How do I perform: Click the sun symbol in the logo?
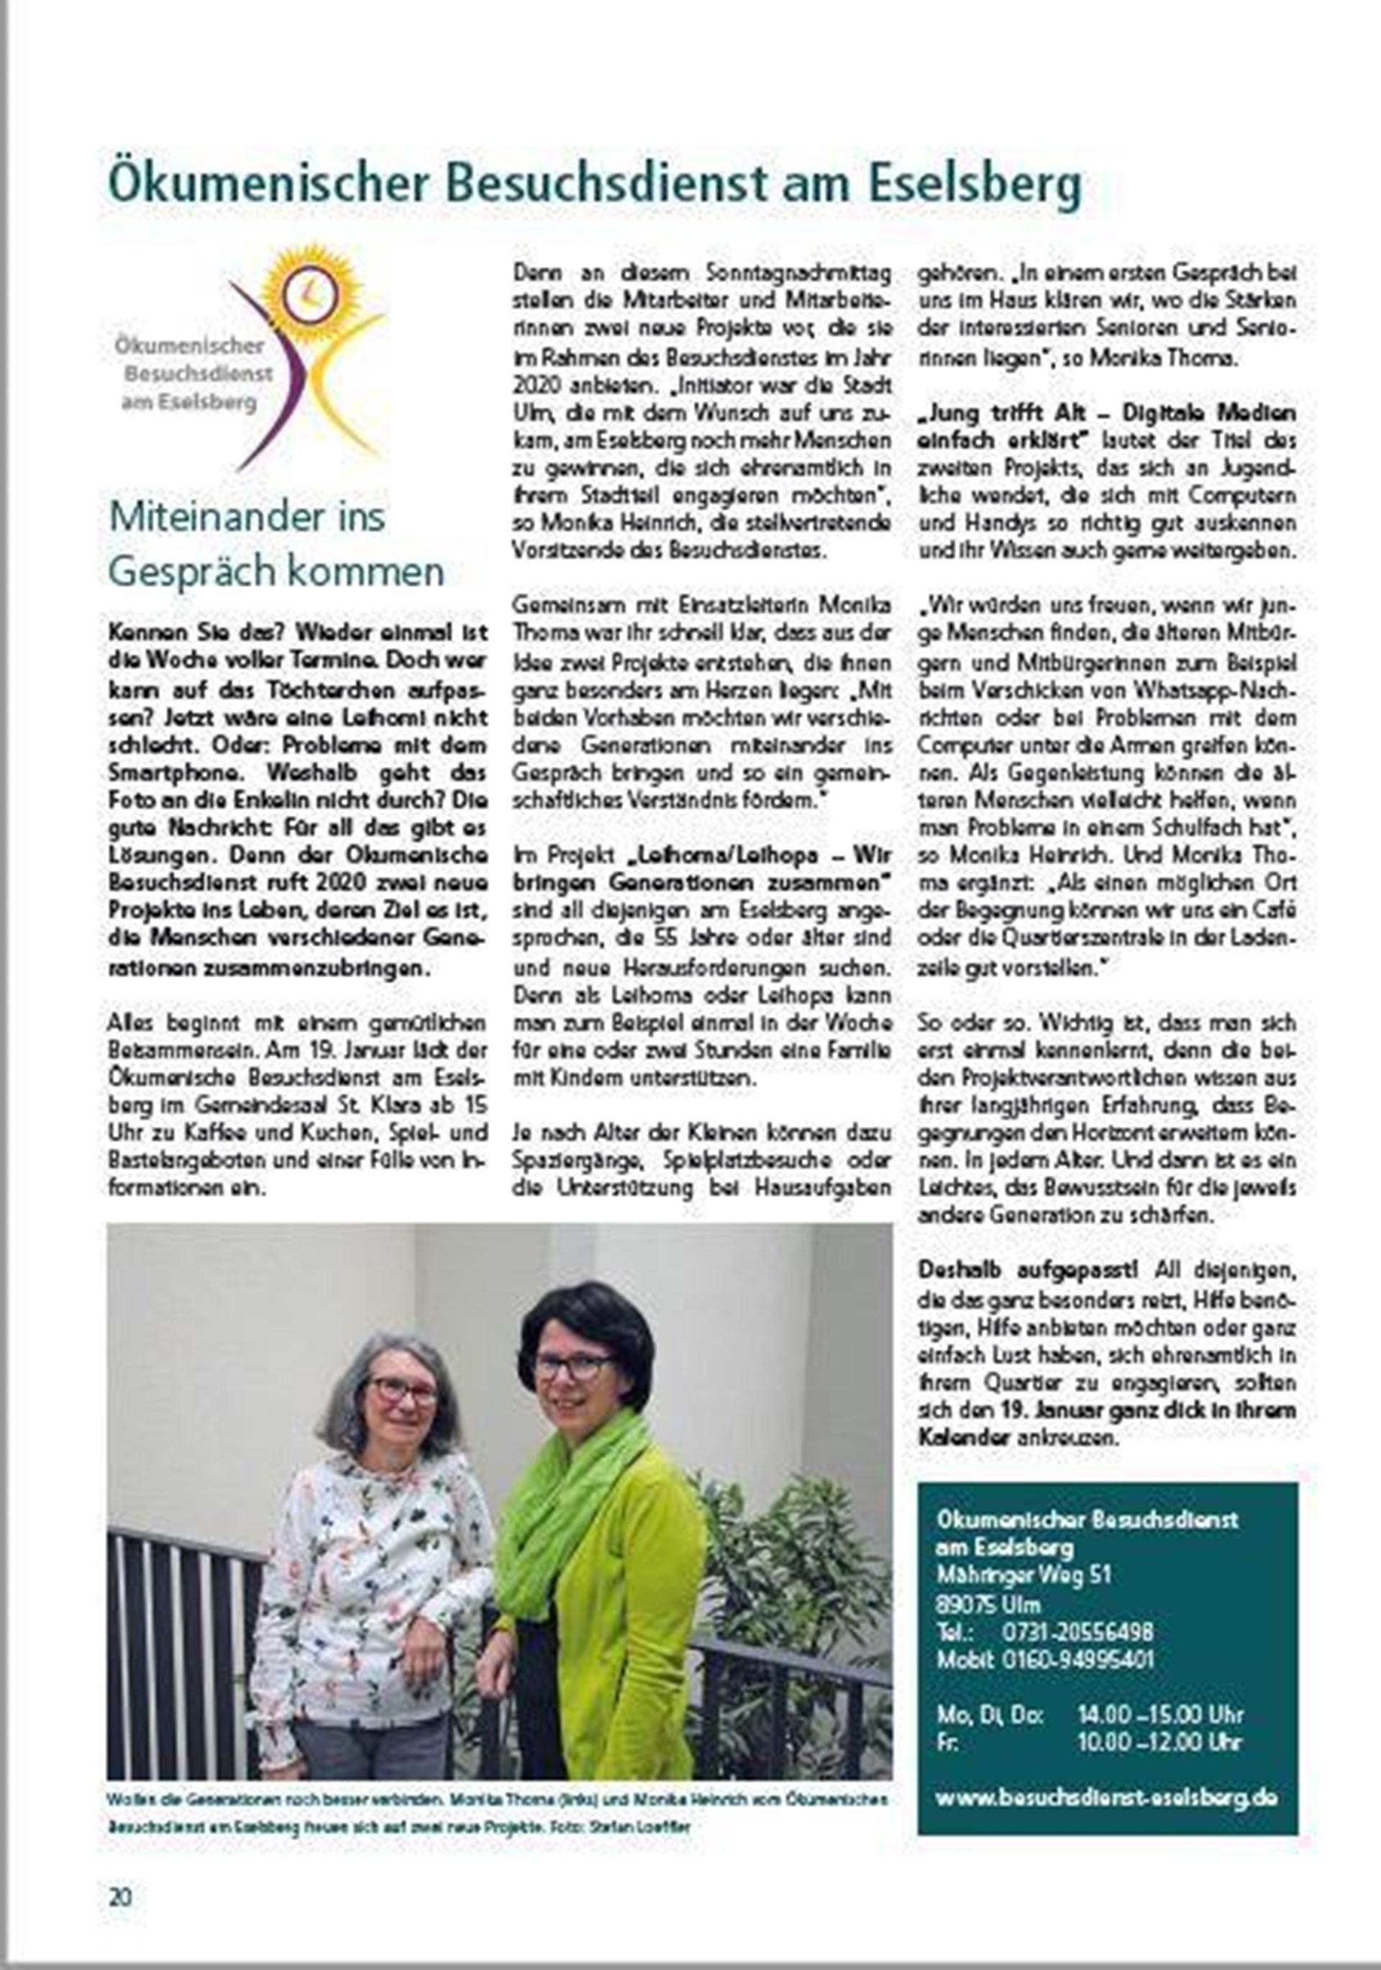308,291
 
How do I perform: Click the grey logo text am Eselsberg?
188,402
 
